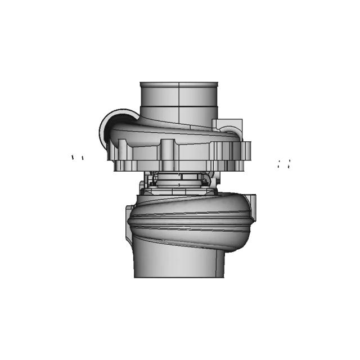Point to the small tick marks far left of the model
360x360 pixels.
(x=77, y=157)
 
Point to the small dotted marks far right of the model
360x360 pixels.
(x=284, y=164)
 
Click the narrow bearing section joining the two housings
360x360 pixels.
(x=179, y=181)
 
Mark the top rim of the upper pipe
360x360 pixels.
(x=179, y=83)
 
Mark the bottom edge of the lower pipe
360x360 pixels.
(x=179, y=276)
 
